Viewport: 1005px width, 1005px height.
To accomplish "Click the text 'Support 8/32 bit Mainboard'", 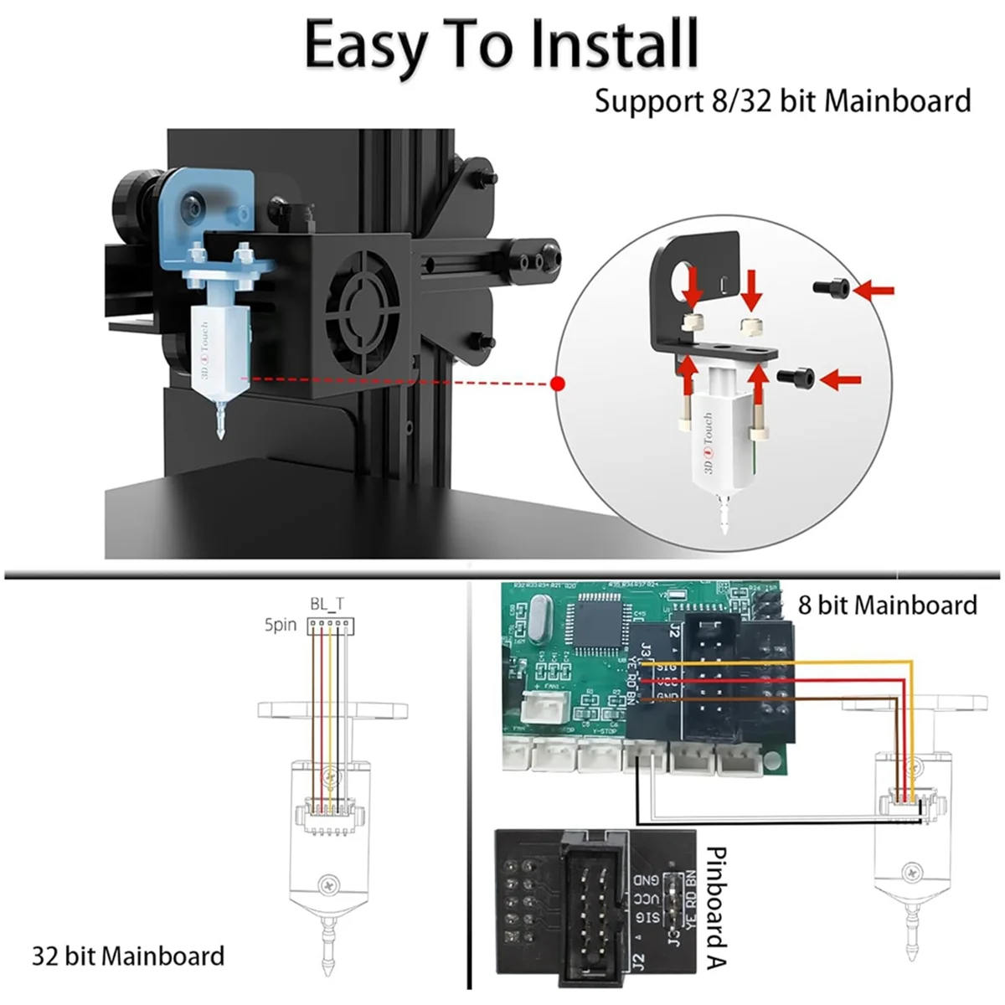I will click(782, 100).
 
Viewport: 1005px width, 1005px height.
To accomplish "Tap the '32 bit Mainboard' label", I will click(128, 956).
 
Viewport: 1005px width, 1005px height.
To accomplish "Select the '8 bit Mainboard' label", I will click(887, 605).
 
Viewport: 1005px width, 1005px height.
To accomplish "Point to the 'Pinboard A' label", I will click(716, 905).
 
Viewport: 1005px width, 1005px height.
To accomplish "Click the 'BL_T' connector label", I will click(327, 604).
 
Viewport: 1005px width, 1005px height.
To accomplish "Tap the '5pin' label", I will click(281, 625).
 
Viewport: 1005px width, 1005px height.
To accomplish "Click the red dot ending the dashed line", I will click(559, 384).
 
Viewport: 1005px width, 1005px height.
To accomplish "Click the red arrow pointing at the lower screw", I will click(840, 380).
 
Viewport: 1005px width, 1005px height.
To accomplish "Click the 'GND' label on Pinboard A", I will click(647, 879).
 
